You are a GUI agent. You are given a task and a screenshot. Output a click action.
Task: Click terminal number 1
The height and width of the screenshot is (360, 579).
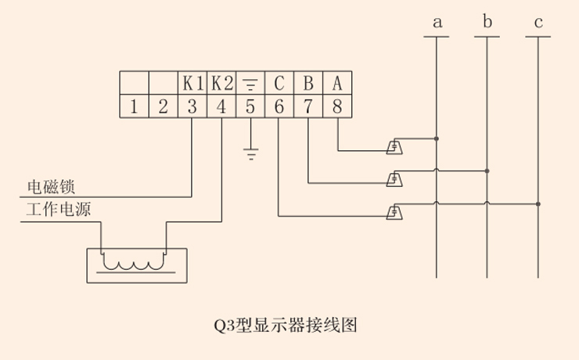(x=134, y=107)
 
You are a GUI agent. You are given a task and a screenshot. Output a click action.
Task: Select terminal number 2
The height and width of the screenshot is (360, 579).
(x=163, y=107)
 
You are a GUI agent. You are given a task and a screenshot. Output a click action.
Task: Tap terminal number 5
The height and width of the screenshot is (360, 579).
(x=250, y=107)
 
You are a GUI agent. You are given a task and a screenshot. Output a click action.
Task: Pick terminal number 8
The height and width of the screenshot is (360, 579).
(x=337, y=107)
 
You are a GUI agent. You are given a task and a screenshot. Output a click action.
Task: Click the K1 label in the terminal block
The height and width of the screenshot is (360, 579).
(x=192, y=82)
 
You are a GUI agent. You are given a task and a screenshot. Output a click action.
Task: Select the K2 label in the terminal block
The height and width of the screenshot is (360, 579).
(x=221, y=82)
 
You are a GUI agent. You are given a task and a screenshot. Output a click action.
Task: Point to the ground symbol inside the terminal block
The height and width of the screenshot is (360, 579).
(x=250, y=83)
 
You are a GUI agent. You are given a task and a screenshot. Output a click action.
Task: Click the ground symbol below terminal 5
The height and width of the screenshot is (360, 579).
(x=250, y=154)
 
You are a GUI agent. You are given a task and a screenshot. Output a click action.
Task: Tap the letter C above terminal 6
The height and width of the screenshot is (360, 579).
(x=279, y=82)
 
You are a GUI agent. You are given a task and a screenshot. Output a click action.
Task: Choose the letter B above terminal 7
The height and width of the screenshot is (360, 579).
(x=308, y=82)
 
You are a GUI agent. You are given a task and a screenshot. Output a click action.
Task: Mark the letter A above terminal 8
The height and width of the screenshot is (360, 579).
(x=337, y=82)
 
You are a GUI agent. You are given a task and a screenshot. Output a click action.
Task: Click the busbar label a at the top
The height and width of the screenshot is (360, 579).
(x=437, y=23)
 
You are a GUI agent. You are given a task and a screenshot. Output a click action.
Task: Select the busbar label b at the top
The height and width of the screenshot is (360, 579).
(x=487, y=22)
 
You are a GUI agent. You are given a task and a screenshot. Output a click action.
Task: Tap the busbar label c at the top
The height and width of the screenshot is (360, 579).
(x=538, y=23)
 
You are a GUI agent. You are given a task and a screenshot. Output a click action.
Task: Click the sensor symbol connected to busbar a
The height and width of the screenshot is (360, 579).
(x=396, y=146)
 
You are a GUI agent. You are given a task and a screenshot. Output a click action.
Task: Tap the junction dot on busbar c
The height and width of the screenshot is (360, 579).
(x=538, y=203)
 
